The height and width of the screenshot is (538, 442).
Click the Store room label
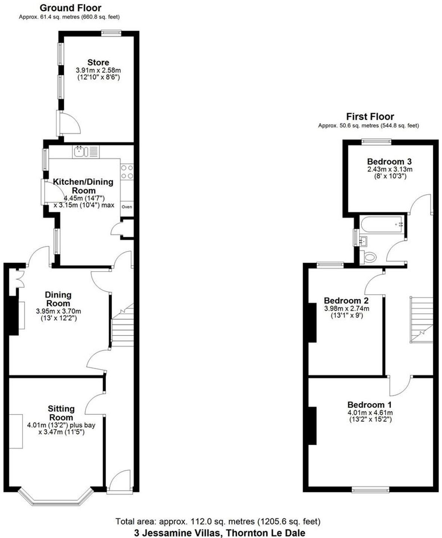(98, 62)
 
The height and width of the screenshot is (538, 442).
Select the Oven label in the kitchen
(127, 207)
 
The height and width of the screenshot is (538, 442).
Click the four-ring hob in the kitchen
(127, 171)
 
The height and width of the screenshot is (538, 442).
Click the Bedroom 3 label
(389, 161)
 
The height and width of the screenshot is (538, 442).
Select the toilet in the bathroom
(369, 257)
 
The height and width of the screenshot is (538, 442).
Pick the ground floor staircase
(122, 327)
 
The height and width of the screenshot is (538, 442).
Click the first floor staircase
(422, 319)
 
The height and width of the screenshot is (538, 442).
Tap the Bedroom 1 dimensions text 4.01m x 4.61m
(370, 413)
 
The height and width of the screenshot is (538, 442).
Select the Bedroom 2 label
(346, 301)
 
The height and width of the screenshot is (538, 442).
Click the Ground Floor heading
(70, 8)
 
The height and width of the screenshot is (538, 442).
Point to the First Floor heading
(370, 117)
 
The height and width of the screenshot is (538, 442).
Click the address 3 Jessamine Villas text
(220, 533)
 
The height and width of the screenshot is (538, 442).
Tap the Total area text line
(218, 521)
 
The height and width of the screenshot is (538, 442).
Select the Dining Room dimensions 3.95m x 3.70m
(59, 311)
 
